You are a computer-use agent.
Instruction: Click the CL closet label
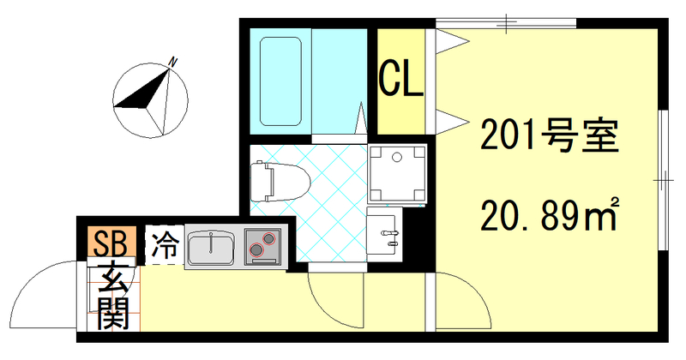401,79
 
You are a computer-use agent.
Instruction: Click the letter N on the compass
172,62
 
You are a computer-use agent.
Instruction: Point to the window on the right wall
665,180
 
